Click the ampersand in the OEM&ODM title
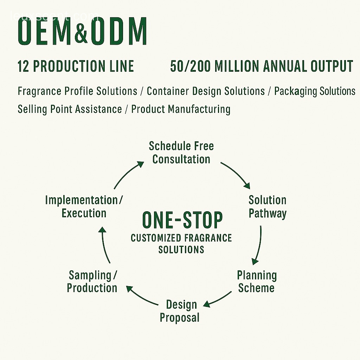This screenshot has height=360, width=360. coord(81,32)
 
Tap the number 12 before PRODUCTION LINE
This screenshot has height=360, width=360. coord(23,66)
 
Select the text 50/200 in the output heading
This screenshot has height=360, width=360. coord(190,66)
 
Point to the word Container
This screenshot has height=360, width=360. coord(168,91)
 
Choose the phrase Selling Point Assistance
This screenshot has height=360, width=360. coord(70,109)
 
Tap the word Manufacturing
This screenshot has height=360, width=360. coord(199,109)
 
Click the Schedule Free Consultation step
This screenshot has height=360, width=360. coord(181,153)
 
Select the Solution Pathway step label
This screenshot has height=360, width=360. coord(268,207)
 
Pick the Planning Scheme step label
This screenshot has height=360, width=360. coord(257,282)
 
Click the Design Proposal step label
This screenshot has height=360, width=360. coord(180,311)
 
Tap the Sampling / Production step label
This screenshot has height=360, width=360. coord(92,282)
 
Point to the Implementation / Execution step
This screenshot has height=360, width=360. coord(84,207)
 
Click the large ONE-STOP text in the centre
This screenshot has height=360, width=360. coord(182,220)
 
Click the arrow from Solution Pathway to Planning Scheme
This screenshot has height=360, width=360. coord(259,246)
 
